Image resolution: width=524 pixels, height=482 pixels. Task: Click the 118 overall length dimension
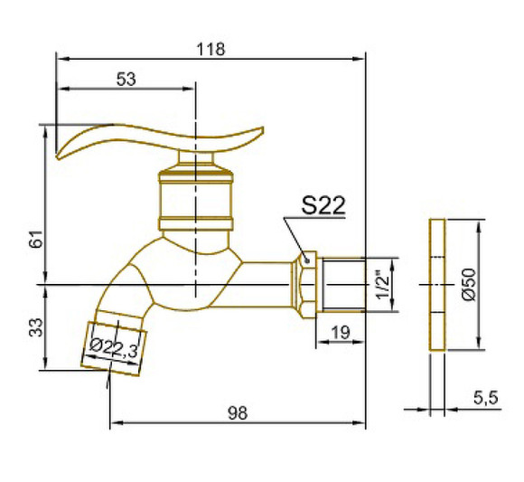coord(211,49)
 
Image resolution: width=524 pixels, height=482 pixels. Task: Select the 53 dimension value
coord(126,80)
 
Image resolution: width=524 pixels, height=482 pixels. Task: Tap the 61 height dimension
coord(36,239)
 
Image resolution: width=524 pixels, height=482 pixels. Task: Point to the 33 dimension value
coord(36,327)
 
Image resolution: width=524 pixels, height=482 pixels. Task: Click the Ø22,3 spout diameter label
coord(114,348)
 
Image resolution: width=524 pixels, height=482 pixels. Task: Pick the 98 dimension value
coord(238,413)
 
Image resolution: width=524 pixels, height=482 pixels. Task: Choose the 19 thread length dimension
coord(341,333)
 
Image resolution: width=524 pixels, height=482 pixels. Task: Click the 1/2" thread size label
coord(383,284)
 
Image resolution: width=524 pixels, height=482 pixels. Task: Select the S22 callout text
coord(323,205)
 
